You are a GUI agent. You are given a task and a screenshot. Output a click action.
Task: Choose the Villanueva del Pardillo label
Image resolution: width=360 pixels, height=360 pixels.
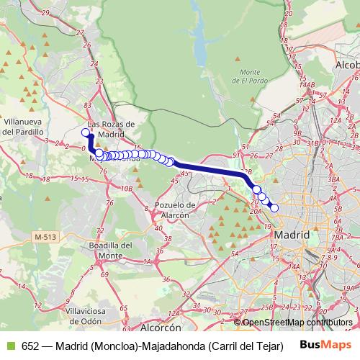pos(24,127)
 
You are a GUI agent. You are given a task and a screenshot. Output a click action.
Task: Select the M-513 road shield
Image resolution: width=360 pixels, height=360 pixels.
pos(45,236)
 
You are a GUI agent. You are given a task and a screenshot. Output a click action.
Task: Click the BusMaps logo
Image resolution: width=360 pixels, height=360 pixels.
pos(325,345)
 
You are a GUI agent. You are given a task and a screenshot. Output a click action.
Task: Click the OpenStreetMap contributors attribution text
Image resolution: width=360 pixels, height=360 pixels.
pos(297,323)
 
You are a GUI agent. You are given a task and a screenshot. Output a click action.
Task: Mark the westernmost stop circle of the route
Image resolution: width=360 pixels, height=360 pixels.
pos(85,132)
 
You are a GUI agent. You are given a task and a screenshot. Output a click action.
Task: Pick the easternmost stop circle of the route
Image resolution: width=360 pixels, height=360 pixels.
pos(274,207)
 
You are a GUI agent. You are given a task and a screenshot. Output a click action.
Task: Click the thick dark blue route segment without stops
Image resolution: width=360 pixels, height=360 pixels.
pos(209,168)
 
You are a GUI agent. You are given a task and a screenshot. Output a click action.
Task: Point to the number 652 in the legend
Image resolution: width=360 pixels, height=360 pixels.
pos(32,346)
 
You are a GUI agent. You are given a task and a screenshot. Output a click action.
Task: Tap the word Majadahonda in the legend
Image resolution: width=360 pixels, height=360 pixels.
pos(172,346)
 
